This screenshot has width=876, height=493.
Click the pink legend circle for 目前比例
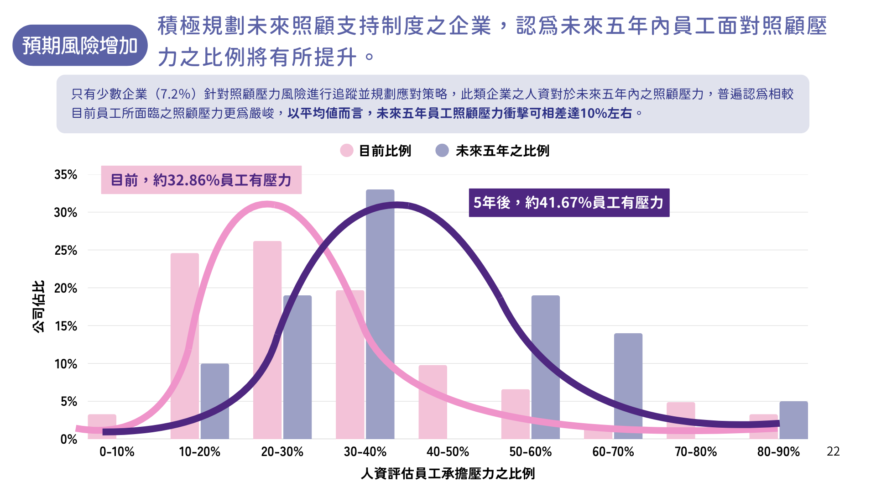click(x=347, y=151)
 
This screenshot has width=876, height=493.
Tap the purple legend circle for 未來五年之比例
click(x=442, y=151)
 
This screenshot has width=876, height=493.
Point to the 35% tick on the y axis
click(x=66, y=175)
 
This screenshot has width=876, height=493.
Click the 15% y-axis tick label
click(x=66, y=326)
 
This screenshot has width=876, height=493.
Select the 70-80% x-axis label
click(x=696, y=452)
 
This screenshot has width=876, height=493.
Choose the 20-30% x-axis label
click(x=282, y=452)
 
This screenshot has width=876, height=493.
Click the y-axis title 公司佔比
click(x=39, y=306)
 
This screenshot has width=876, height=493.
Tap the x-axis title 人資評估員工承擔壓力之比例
click(x=448, y=474)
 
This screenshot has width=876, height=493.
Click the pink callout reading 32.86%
click(x=201, y=180)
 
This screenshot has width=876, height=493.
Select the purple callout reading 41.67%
click(x=569, y=203)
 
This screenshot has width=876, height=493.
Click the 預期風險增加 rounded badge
click(x=80, y=46)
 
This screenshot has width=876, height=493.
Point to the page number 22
click(x=833, y=451)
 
